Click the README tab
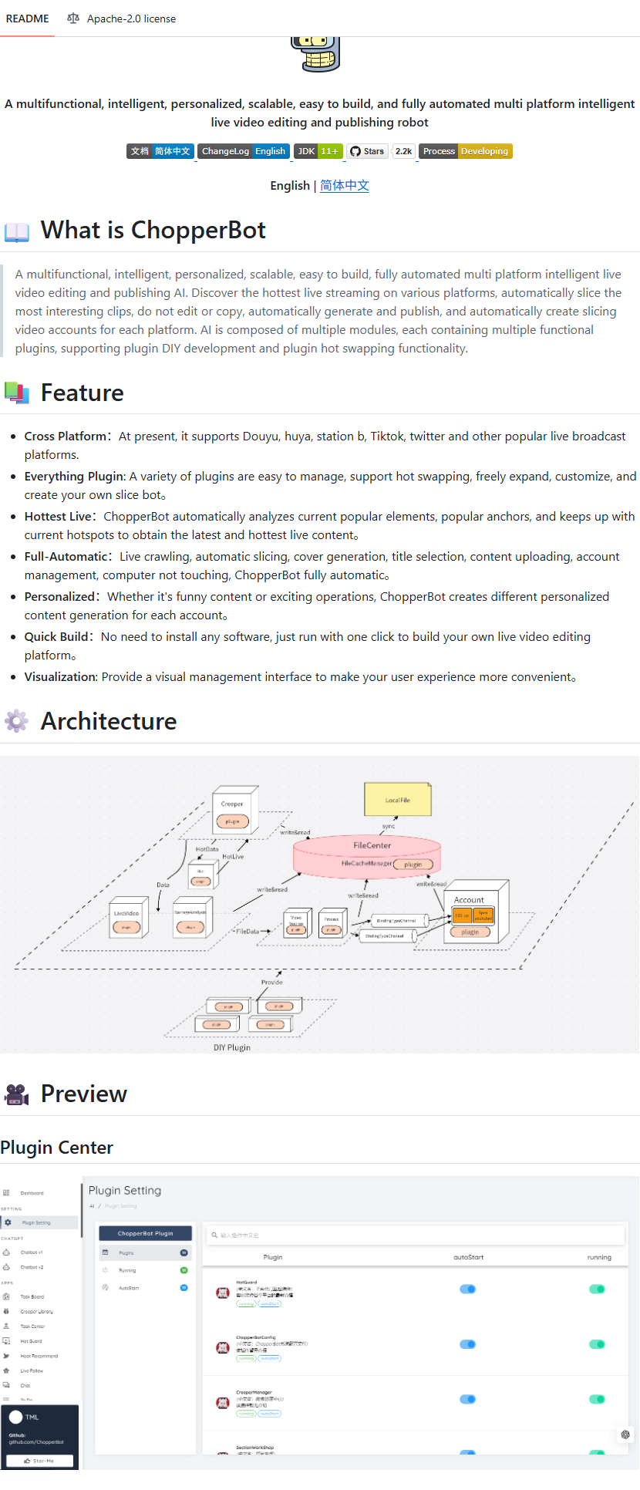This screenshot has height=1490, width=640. (x=28, y=19)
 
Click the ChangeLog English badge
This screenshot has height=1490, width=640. (x=244, y=151)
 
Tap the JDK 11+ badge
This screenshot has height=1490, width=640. (x=318, y=151)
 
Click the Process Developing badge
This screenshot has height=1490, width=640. (x=466, y=151)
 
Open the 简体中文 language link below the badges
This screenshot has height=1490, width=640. (x=345, y=186)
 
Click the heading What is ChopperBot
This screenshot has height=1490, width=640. (x=153, y=230)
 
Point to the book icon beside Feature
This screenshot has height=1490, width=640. (x=16, y=393)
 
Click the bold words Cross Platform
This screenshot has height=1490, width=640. (x=66, y=437)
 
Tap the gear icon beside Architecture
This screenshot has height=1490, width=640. (x=16, y=721)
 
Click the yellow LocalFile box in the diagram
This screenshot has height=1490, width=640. (x=398, y=800)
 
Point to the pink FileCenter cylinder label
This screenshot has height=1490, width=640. (x=372, y=845)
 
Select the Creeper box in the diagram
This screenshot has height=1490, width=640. (x=232, y=804)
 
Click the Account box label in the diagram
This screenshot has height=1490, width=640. (x=469, y=900)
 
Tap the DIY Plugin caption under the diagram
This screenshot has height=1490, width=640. (x=232, y=1047)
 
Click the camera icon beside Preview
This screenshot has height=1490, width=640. (x=16, y=1094)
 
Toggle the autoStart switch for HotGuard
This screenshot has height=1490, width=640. (x=468, y=1289)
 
